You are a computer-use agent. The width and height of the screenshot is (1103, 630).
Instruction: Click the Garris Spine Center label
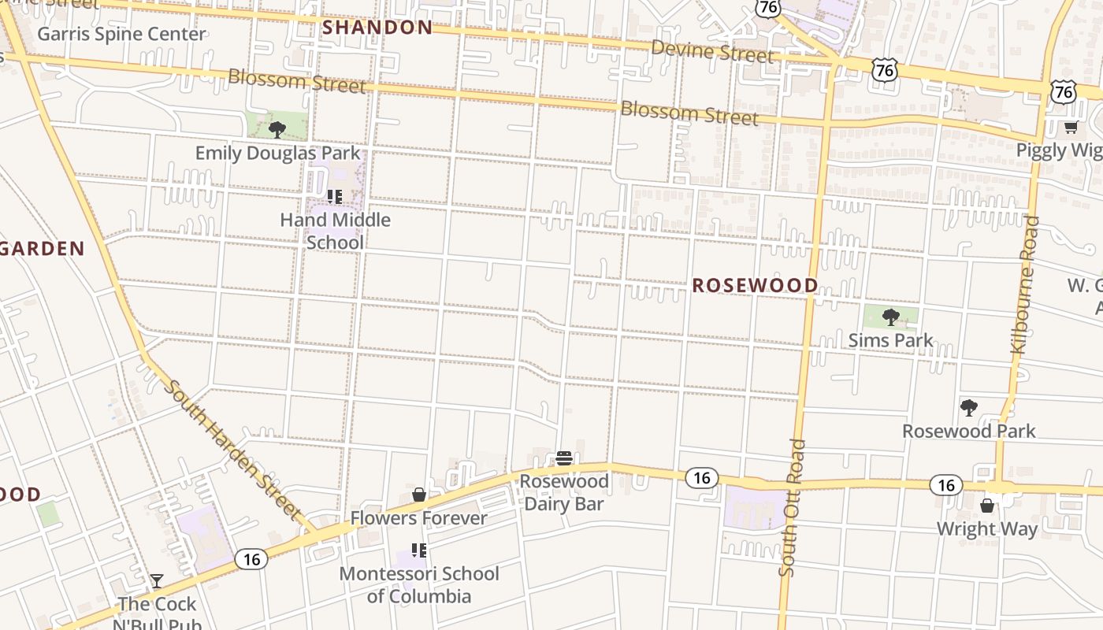coord(121,34)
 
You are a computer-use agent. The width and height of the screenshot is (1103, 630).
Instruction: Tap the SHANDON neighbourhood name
coord(377,28)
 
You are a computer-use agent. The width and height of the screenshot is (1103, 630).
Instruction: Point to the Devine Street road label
coord(712,52)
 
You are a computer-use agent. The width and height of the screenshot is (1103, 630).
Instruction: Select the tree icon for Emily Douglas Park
coord(277,129)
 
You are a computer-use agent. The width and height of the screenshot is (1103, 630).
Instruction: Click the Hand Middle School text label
coord(335,231)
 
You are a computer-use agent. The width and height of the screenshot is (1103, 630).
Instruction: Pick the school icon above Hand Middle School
coord(334,196)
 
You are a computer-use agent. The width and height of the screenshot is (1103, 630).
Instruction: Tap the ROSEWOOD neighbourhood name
coord(755,285)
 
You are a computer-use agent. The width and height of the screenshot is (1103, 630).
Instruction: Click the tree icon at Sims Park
coord(891,317)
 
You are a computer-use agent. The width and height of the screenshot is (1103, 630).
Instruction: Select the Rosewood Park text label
coord(968,431)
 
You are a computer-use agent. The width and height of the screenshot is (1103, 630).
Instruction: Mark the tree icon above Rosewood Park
coord(968,408)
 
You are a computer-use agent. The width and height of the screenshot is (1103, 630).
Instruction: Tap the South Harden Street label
coord(233,450)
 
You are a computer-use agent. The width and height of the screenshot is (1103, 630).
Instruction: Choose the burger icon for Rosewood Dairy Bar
coord(563,458)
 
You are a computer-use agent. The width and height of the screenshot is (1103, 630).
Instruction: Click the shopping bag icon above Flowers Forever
coord(419,495)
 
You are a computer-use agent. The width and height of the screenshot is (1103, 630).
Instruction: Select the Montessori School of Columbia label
coord(418,584)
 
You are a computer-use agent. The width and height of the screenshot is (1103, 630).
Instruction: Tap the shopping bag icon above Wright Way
coord(987,506)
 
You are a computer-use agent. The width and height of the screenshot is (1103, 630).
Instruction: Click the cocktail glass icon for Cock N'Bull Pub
coord(157,581)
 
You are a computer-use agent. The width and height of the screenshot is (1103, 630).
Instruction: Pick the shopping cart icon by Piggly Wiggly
coord(1070,127)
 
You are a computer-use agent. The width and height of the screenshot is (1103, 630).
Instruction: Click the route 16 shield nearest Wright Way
coord(945,485)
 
